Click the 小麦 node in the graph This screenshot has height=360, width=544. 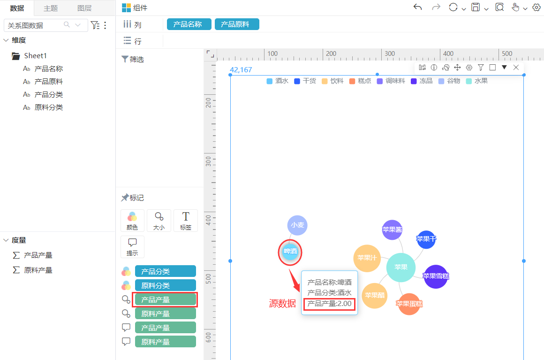click(x=297, y=225)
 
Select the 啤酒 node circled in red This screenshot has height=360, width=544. click(x=290, y=251)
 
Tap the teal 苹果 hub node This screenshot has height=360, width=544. click(x=400, y=268)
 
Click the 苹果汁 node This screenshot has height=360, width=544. click(x=367, y=258)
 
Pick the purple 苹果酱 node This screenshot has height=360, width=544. click(x=392, y=230)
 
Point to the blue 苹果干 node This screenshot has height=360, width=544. click(x=426, y=239)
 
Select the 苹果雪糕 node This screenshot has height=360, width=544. click(x=436, y=276)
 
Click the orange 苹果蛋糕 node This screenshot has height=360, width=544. click(x=409, y=304)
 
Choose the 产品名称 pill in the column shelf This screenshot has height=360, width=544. click(x=189, y=24)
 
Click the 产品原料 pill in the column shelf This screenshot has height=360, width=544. click(x=237, y=24)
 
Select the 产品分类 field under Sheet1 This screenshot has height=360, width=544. click(x=49, y=94)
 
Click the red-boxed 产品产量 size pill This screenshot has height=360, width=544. click(x=165, y=299)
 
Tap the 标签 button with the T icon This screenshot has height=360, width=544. click(x=186, y=221)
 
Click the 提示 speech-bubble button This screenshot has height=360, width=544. click(x=132, y=247)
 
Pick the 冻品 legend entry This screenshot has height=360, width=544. click(x=422, y=81)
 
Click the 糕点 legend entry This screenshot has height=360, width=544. click(x=360, y=81)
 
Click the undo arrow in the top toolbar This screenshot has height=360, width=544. click(x=418, y=8)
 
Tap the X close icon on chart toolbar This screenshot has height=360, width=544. click(x=516, y=67)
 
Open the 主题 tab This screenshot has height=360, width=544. click(x=51, y=8)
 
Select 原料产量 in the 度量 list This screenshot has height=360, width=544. click(x=38, y=270)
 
